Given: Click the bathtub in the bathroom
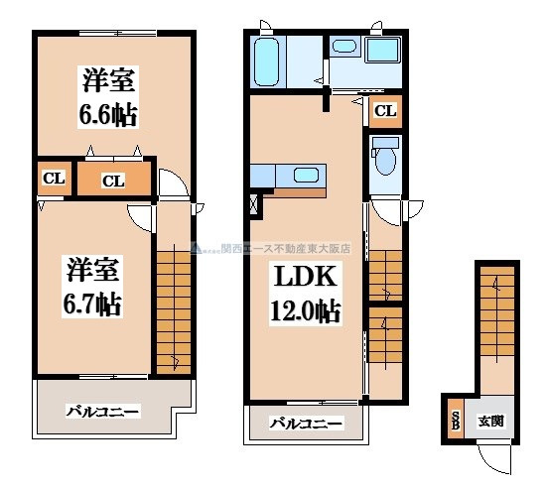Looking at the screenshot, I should pos(268,62).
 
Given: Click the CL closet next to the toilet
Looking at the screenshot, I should pos(385,111).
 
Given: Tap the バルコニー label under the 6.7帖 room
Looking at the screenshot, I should pos(103,410).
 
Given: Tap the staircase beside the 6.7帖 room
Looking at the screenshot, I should pos(173,306).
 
